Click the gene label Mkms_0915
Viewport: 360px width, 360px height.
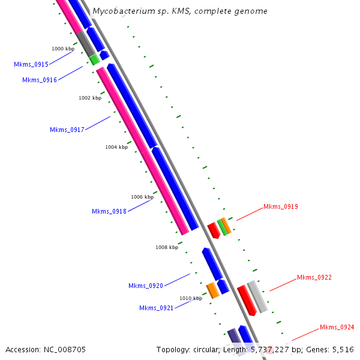[31, 64]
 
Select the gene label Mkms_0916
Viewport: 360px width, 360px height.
[40, 80]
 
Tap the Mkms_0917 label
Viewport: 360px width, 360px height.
[67, 130]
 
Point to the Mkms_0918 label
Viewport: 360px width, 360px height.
[109, 211]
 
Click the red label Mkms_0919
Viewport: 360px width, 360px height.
[281, 207]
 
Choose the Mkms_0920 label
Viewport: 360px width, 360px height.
[146, 286]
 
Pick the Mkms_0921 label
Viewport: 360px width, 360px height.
[157, 308]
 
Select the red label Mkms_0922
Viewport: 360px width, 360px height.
[314, 277]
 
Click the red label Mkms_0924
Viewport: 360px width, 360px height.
[337, 327]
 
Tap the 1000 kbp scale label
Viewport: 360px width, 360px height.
[63, 49]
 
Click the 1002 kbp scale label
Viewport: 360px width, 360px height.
[90, 98]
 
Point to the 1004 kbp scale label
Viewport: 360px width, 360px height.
[116, 147]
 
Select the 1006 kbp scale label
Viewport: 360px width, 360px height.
[142, 197]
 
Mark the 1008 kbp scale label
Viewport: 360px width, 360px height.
[167, 247]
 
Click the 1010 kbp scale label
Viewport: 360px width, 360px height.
[191, 298]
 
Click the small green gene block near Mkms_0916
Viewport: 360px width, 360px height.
[95, 59]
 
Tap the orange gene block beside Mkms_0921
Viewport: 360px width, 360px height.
[212, 290]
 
